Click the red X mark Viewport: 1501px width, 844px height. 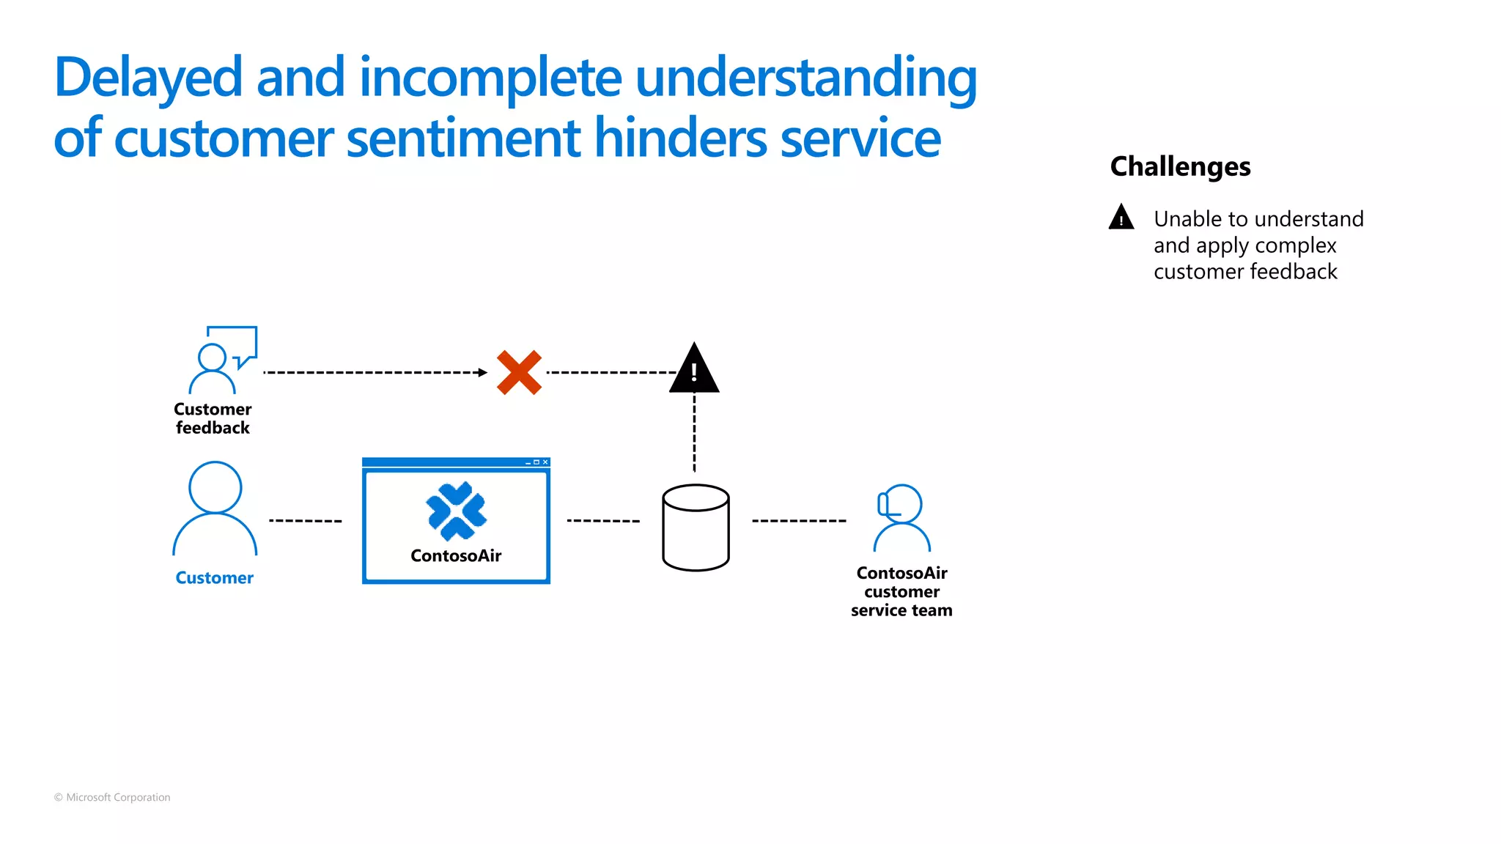[x=519, y=372]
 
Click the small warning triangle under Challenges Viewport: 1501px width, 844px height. [x=1121, y=218]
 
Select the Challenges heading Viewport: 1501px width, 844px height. [x=1180, y=166]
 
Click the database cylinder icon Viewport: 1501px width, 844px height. [x=696, y=527]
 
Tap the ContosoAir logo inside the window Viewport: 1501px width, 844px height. [x=456, y=511]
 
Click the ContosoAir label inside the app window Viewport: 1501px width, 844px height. [x=456, y=556]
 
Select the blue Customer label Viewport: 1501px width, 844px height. [x=214, y=578]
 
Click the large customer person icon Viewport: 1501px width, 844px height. [x=215, y=509]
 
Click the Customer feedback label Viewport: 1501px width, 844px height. [x=213, y=418]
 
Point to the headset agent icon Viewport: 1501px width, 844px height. [x=901, y=518]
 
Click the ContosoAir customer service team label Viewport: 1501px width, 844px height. [x=901, y=591]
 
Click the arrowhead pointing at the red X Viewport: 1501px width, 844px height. [x=482, y=372]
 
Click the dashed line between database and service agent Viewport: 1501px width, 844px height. [x=799, y=521]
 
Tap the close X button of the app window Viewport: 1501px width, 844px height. [x=545, y=462]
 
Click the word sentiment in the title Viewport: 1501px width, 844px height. [x=463, y=138]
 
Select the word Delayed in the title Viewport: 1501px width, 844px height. [x=148, y=78]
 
